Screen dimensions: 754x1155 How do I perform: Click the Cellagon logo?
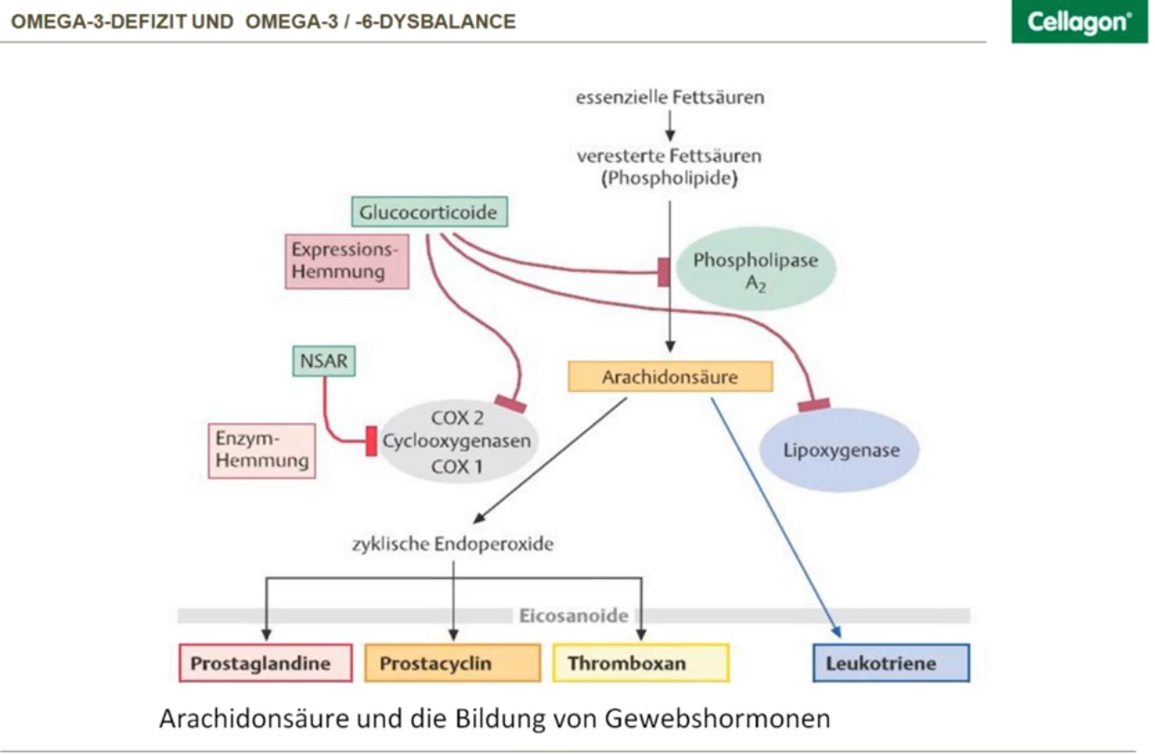(x=1079, y=22)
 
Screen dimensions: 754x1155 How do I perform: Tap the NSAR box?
(x=323, y=361)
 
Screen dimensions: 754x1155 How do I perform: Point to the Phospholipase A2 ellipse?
(x=755, y=270)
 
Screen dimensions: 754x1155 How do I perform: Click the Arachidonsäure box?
(x=670, y=377)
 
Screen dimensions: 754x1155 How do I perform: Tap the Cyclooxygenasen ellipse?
(x=457, y=442)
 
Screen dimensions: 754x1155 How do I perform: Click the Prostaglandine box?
(x=265, y=663)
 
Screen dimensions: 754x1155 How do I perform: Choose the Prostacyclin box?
(x=452, y=663)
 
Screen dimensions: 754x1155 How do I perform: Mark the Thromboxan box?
(x=640, y=663)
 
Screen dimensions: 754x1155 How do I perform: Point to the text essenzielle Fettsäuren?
(x=670, y=96)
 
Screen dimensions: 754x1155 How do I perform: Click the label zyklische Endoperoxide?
(x=452, y=544)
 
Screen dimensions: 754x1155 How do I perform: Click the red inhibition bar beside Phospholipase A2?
(x=663, y=272)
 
